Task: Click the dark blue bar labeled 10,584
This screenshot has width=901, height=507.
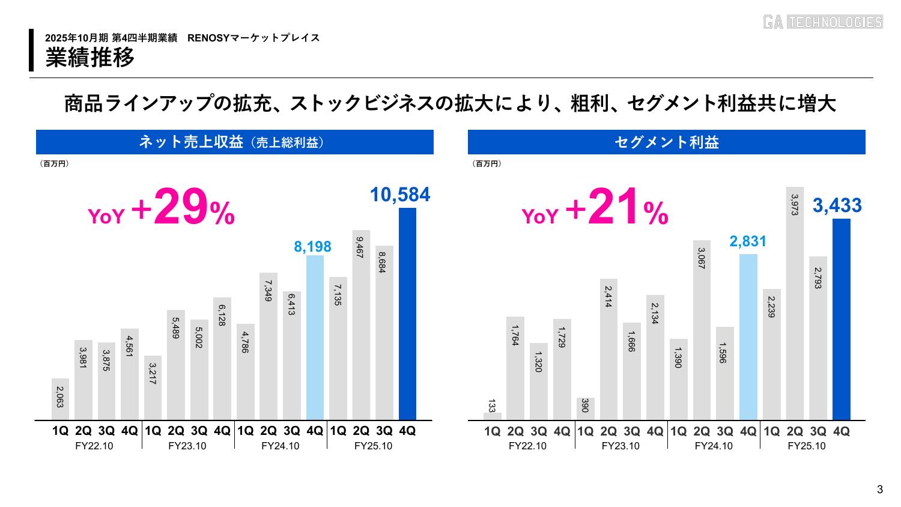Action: [x=407, y=314]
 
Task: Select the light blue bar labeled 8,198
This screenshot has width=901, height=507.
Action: [x=315, y=338]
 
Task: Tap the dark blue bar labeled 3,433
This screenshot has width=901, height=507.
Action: [x=841, y=319]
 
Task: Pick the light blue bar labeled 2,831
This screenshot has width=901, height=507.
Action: [x=748, y=337]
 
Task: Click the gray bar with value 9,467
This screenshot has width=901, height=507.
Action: [x=361, y=324]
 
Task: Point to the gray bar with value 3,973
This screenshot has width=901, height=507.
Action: [x=795, y=303]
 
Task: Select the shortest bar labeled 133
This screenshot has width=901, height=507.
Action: [x=492, y=416]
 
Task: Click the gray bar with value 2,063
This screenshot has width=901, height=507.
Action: [x=60, y=399]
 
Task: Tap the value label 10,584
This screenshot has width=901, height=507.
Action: [x=399, y=195]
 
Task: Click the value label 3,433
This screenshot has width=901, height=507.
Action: [x=837, y=206]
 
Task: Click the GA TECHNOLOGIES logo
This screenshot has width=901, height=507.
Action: [x=822, y=22]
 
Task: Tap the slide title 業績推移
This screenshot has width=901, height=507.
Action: [x=90, y=58]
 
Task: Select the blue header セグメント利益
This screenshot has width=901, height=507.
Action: [x=666, y=142]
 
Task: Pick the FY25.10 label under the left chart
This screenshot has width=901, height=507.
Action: [x=373, y=446]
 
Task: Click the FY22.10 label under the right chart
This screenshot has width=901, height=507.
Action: [x=527, y=446]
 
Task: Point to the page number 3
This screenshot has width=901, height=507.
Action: [x=880, y=489]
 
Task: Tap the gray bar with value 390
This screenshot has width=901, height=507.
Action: [x=585, y=408]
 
